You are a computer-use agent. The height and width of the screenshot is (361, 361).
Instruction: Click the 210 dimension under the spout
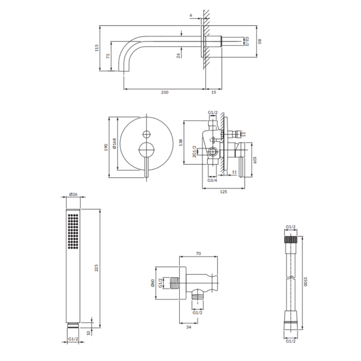click(165, 93)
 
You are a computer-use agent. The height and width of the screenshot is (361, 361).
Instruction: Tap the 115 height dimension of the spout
click(97, 48)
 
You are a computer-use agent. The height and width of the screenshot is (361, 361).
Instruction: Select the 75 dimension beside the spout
click(108, 56)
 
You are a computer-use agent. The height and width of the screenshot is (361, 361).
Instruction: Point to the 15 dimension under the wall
click(213, 93)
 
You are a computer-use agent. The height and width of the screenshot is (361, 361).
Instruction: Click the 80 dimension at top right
click(259, 42)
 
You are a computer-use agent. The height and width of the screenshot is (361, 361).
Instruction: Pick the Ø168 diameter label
click(115, 143)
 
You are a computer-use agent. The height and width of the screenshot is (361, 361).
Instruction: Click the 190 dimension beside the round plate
click(106, 147)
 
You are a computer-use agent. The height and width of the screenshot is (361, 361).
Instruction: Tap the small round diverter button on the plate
click(146, 134)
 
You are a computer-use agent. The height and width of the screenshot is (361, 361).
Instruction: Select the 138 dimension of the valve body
click(181, 143)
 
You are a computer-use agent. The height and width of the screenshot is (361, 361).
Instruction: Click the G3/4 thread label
click(212, 180)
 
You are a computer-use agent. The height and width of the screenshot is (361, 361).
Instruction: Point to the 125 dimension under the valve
click(223, 192)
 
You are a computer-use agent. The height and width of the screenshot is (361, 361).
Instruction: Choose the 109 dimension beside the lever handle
click(255, 160)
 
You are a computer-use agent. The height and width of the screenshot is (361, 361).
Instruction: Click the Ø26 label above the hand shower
click(73, 194)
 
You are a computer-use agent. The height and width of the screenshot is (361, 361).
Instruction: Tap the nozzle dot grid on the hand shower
click(73, 231)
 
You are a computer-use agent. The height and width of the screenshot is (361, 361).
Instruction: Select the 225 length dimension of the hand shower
click(96, 268)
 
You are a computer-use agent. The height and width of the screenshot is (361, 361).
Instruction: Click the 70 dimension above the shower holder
click(198, 254)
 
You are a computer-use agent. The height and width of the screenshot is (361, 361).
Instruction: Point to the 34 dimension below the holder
click(189, 327)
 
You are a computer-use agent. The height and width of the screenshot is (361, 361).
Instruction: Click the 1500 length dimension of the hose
click(305, 281)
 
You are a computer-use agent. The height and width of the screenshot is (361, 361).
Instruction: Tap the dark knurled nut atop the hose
click(291, 240)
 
